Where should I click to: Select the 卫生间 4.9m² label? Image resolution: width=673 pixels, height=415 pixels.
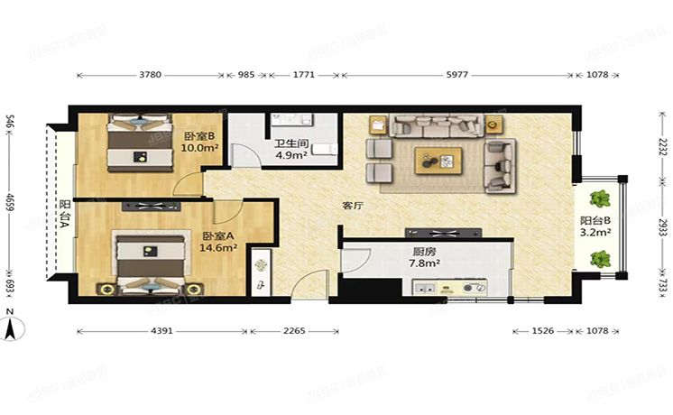tap(290, 147)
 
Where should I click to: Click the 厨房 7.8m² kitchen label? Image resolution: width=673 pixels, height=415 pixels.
tap(423, 258)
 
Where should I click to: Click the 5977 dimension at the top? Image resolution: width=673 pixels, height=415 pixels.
tap(457, 75)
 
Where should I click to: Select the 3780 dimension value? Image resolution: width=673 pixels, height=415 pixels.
tap(150, 75)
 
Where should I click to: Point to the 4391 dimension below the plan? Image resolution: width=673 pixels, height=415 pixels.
tap(161, 331)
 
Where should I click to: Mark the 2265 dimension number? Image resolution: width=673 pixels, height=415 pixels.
tap(293, 331)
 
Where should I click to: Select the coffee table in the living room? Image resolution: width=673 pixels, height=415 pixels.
tap(438, 161)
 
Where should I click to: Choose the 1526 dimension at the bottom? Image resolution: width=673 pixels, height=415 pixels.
tap(540, 331)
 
